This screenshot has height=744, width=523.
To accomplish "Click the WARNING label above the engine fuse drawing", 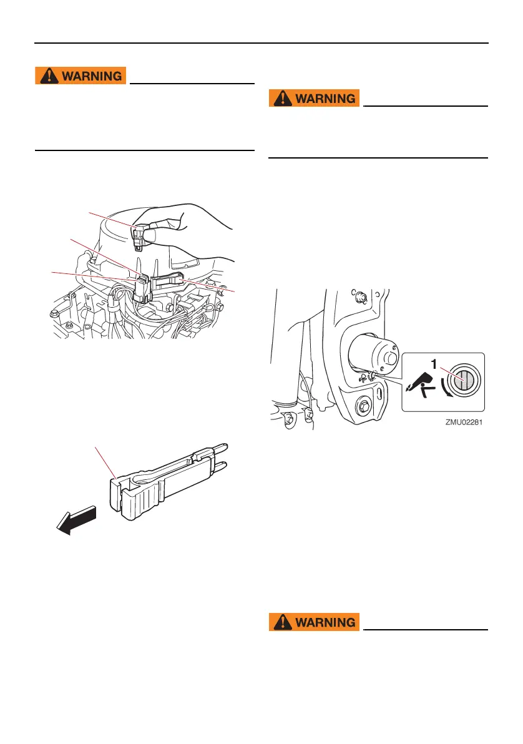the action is click(x=82, y=76).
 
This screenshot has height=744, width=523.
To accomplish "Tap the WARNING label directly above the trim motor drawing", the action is click(x=315, y=99).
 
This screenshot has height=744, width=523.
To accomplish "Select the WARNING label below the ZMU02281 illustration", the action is click(x=315, y=622).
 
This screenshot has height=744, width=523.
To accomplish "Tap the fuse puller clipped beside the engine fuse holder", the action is click(x=167, y=279).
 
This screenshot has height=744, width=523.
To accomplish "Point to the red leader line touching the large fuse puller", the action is click(x=105, y=462).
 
